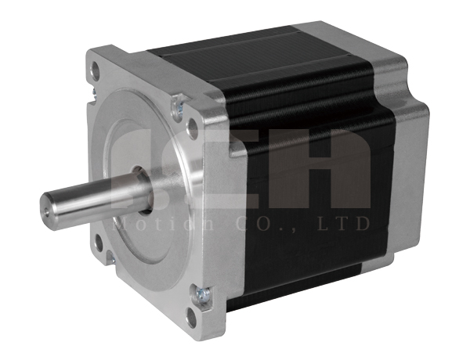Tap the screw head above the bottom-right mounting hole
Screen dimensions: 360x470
coord(203,295)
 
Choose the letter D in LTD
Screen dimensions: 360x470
coord(360,225)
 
